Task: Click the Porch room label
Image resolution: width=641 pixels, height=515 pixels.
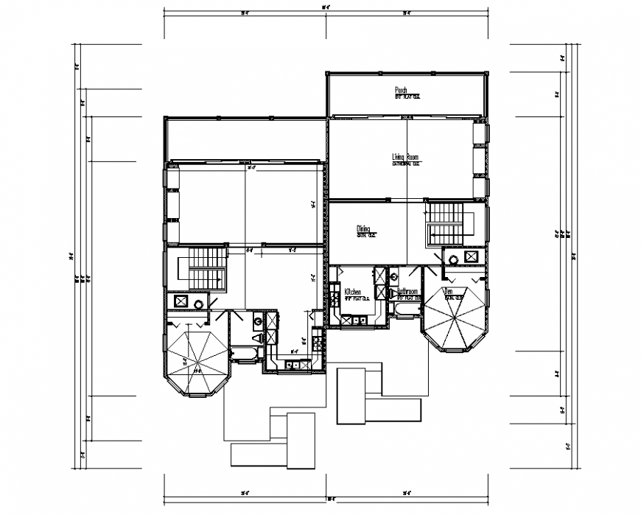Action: coord(402,90)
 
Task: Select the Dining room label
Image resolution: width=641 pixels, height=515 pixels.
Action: coord(363,229)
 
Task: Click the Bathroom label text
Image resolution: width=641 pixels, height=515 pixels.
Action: coord(407,292)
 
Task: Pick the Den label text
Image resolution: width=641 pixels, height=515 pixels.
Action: coord(447,292)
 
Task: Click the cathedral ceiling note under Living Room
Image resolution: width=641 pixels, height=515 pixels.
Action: coord(406,164)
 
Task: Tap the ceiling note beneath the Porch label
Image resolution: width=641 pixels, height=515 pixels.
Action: coord(407,97)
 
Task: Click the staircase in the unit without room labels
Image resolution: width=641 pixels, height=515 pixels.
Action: coord(207,268)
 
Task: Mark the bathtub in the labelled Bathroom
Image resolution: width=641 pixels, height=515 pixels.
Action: coord(404,310)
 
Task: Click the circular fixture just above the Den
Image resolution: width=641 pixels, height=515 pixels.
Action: coord(453,258)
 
